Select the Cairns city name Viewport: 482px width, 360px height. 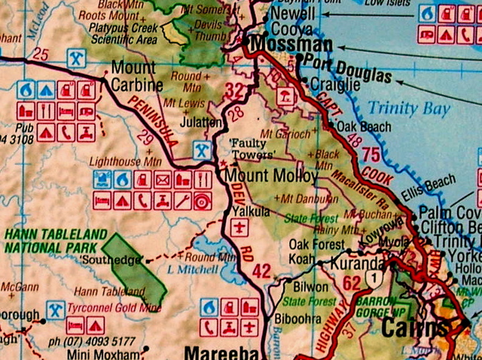414,328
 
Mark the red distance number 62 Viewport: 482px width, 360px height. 352,283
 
